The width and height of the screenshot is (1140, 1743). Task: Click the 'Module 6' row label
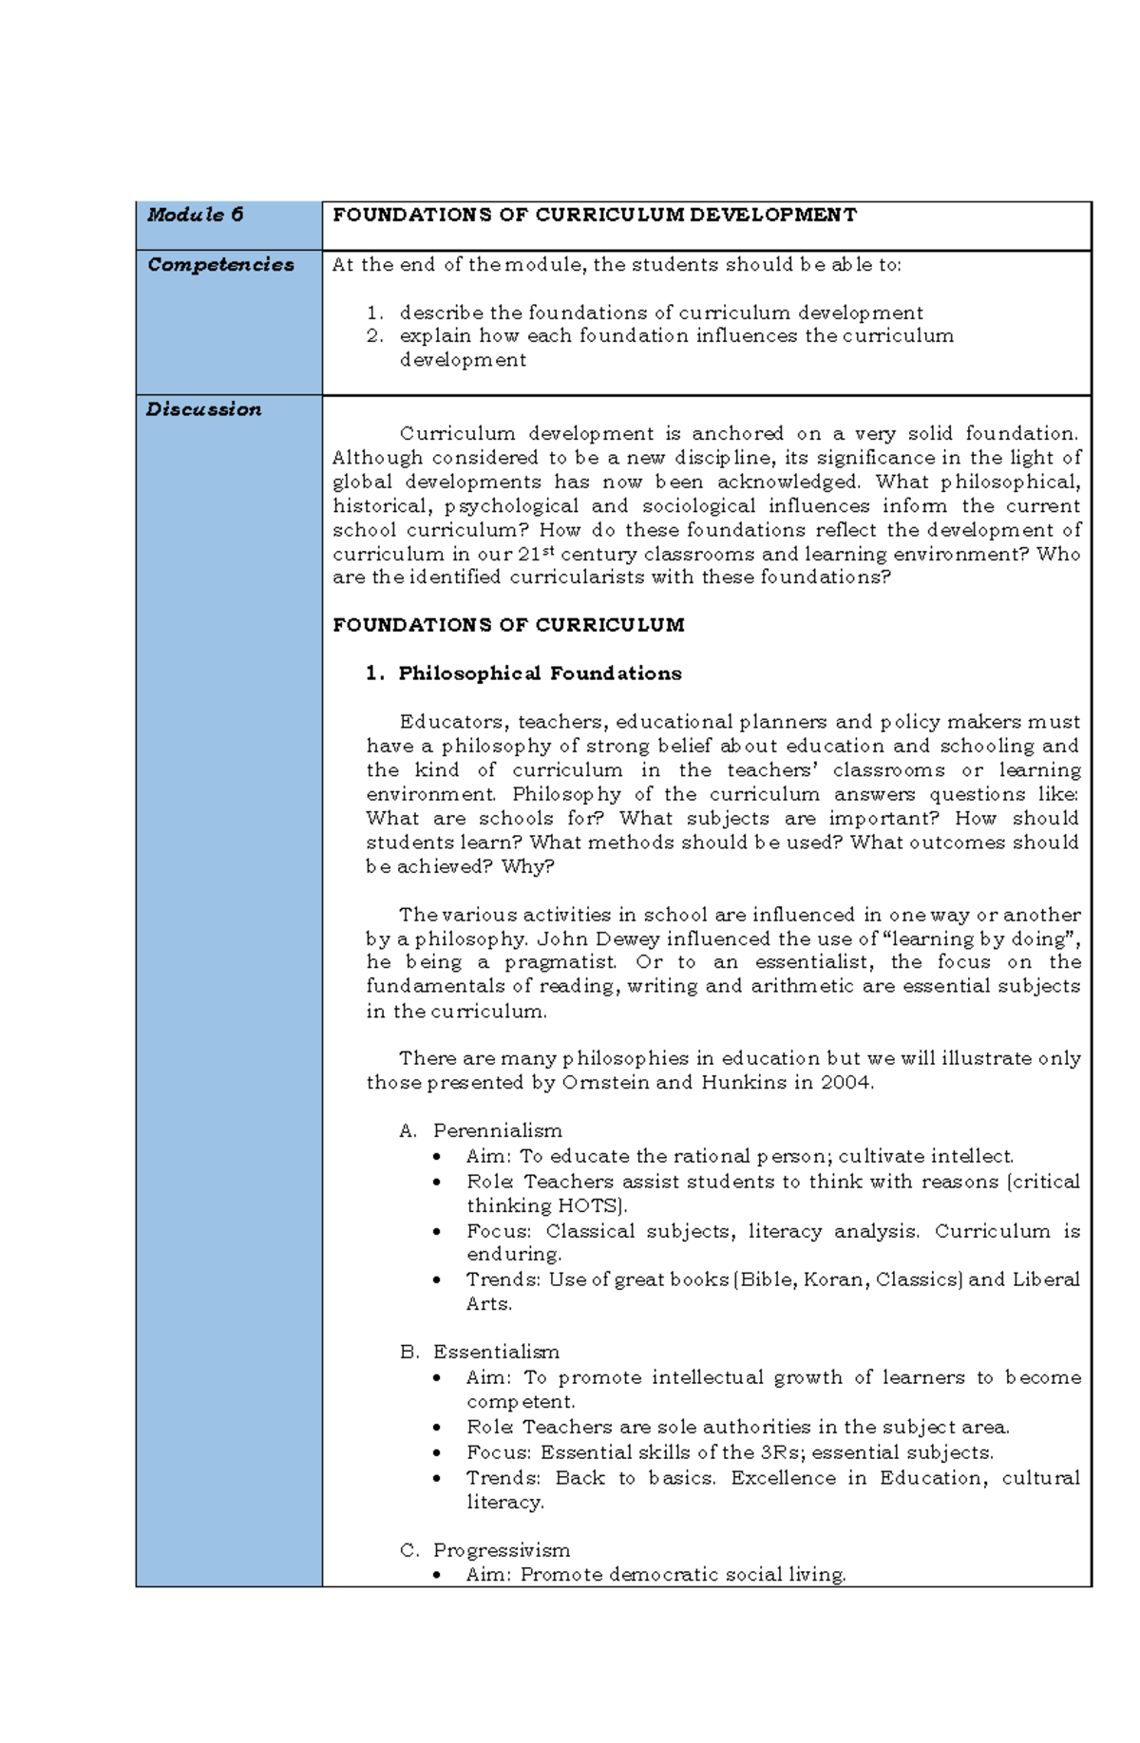(x=195, y=215)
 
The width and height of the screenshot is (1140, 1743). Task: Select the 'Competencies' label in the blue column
(x=220, y=265)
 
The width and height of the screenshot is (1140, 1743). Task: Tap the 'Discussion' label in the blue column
(x=203, y=409)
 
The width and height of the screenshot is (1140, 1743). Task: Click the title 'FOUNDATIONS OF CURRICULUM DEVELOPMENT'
(x=594, y=215)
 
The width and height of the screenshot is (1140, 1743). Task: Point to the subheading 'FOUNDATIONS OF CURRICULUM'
(x=508, y=625)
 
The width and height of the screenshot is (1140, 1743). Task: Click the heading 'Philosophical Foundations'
(x=540, y=673)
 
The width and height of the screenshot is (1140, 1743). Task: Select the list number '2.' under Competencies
(x=376, y=335)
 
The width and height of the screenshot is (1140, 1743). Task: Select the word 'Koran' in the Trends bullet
(x=833, y=1279)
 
